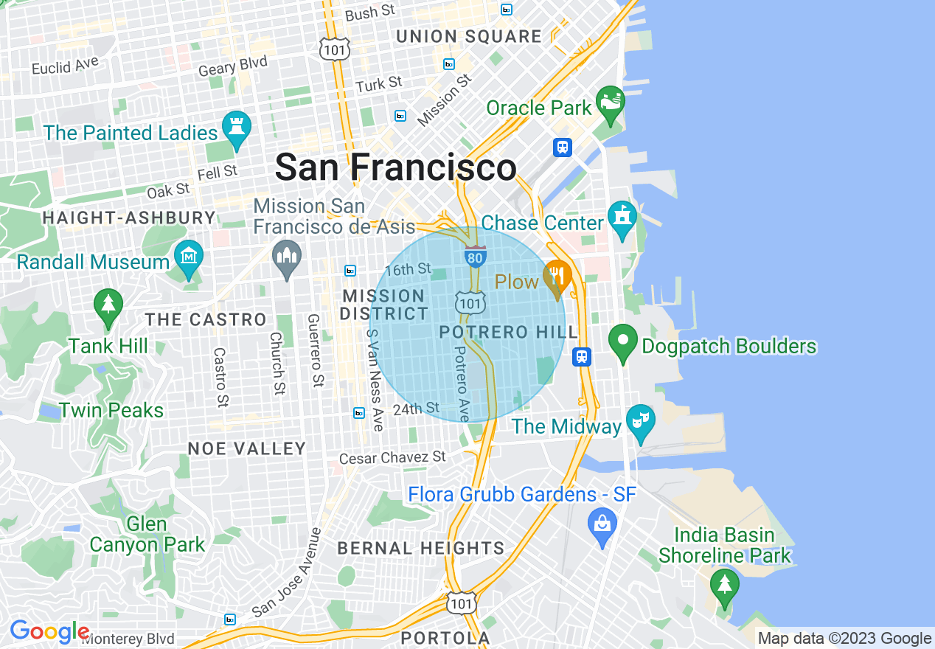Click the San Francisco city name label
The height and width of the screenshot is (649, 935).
pos(395,167)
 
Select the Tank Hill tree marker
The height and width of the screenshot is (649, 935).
pos(108,306)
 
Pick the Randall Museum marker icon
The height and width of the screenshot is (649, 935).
pos(189,258)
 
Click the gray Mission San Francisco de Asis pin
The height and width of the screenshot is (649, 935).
pos(286,258)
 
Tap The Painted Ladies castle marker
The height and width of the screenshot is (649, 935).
pos(236,130)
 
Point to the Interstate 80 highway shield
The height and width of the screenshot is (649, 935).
pos(475,257)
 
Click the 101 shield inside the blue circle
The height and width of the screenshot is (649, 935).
pos(470,302)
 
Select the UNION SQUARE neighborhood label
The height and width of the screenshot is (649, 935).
pos(469,37)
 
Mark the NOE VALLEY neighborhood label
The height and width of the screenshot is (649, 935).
pos(246,448)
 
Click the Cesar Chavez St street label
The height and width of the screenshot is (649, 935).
pos(392,458)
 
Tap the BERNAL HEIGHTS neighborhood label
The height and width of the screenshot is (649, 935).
pos(420,548)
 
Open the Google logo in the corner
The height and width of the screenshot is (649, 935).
pos(49,632)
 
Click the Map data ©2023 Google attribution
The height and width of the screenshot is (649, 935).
pos(845,639)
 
